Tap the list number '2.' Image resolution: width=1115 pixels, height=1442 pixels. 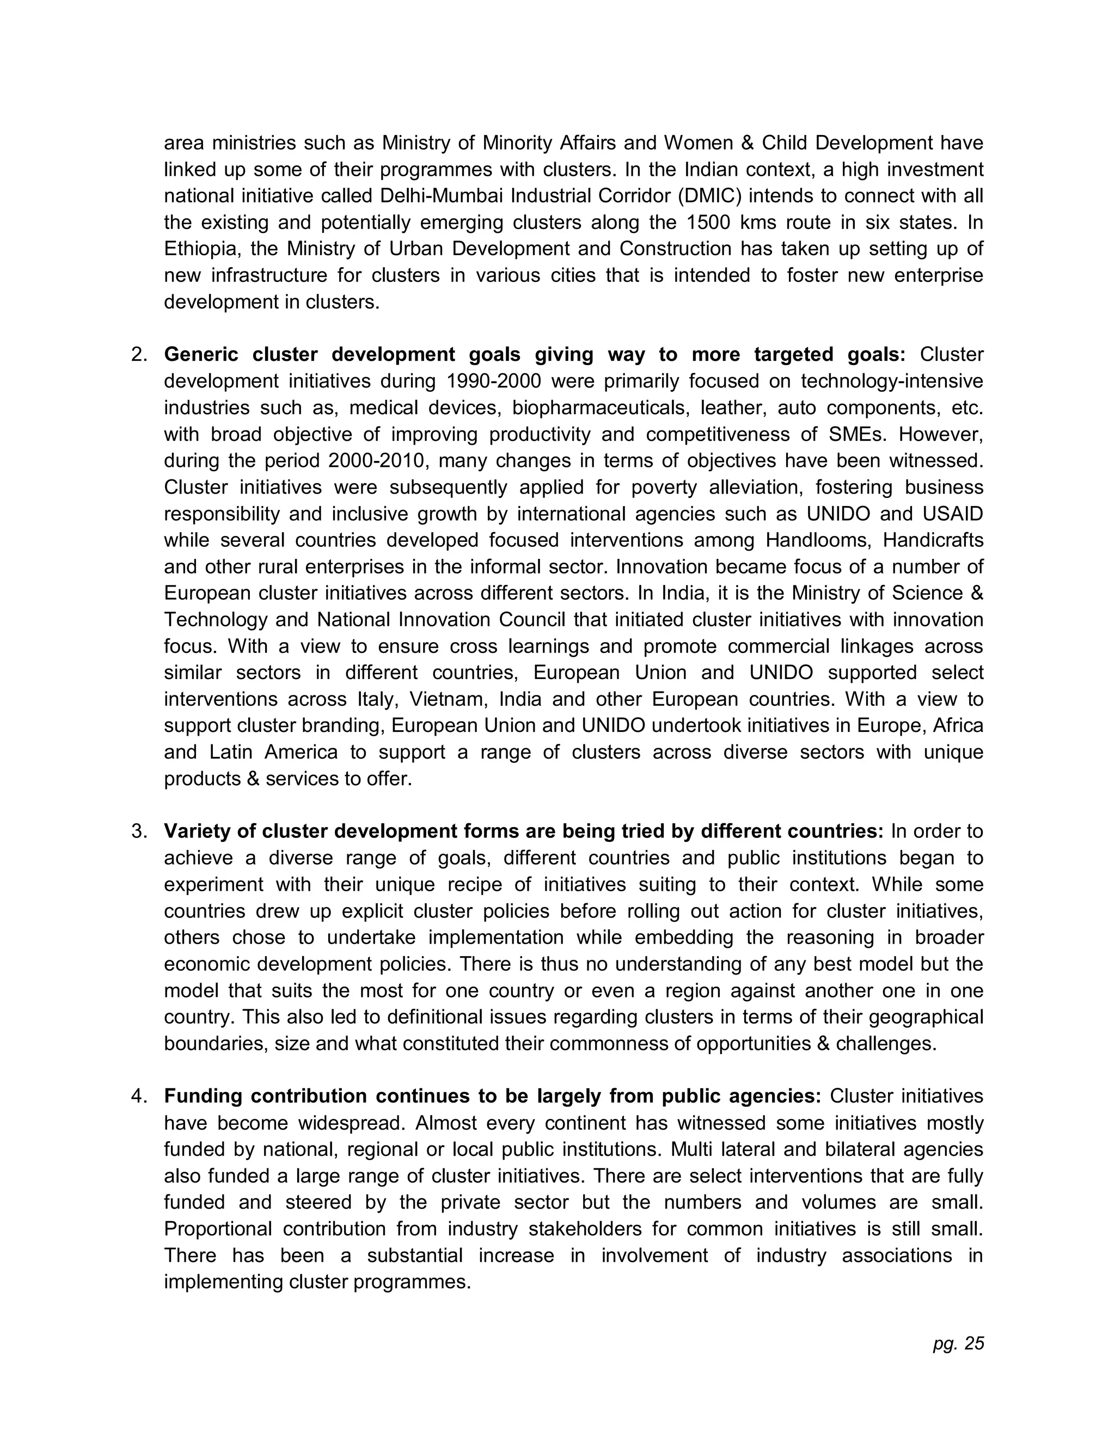(139, 355)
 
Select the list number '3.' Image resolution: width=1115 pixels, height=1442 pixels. (139, 830)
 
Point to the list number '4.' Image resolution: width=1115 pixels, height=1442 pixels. (139, 1096)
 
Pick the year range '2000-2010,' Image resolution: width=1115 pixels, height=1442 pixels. (369, 460)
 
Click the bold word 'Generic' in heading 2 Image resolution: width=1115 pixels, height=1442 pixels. (202, 355)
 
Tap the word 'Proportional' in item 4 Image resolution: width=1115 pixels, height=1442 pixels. (218, 1229)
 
